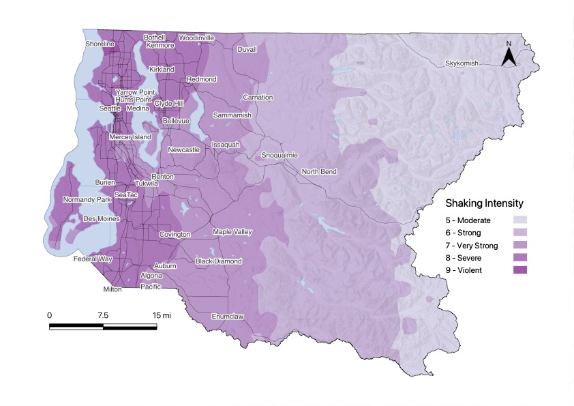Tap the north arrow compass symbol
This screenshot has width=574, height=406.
click(x=508, y=55)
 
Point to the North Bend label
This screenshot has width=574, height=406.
click(x=319, y=172)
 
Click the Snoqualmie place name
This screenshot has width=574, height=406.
click(x=280, y=156)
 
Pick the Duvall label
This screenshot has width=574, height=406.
click(x=247, y=50)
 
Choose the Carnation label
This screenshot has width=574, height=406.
click(x=258, y=98)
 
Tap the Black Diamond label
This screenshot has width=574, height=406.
click(x=218, y=261)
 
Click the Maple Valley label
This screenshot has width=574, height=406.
click(x=232, y=232)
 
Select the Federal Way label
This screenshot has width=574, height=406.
click(x=93, y=260)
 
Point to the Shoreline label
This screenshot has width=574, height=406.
click(x=100, y=44)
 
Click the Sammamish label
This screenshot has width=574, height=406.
click(x=232, y=115)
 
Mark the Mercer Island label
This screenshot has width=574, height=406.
click(x=131, y=137)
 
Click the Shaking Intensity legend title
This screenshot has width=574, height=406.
click(x=484, y=203)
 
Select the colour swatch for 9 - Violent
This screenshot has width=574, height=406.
click(x=519, y=270)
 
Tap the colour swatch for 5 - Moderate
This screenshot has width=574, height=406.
click(x=519, y=220)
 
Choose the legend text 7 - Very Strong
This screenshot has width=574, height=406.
click(x=472, y=246)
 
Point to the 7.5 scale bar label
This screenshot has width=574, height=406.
click(x=103, y=315)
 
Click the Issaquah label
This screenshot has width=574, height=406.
click(x=225, y=145)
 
